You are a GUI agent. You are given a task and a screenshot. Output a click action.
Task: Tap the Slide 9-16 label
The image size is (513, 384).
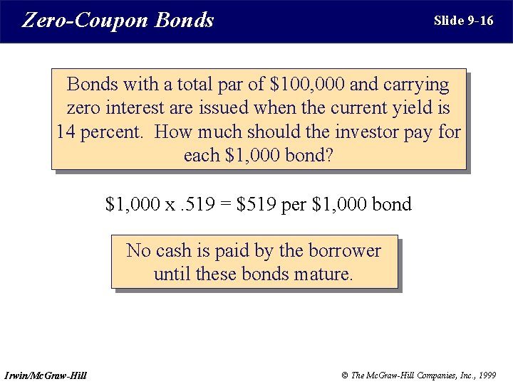(463, 20)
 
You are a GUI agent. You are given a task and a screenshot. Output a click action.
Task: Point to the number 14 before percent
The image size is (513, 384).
(66, 132)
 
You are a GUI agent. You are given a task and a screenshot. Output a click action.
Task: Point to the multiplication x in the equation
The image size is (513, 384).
(170, 206)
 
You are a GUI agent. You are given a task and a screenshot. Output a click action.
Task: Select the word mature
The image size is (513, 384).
(328, 274)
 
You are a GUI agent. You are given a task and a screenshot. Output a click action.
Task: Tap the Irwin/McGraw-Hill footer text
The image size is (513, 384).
(46, 375)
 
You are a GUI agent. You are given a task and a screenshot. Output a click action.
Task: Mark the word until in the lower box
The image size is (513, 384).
(172, 274)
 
